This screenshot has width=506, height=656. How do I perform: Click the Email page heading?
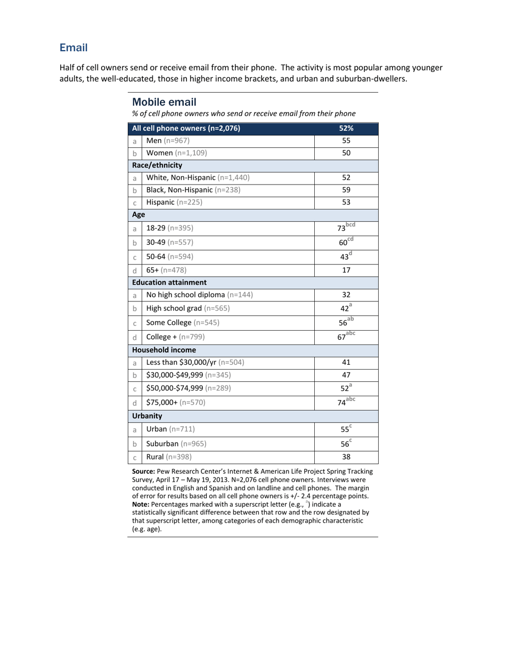[x=74, y=48]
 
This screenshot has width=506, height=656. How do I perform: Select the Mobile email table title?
[x=164, y=102]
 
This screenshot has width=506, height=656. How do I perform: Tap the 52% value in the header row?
[x=346, y=129]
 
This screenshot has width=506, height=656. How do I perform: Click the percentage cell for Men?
[x=346, y=141]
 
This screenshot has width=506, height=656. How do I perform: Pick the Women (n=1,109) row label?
[x=176, y=153]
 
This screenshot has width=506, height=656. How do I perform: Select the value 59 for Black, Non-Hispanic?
[x=346, y=190]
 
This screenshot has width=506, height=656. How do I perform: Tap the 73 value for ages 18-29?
[x=342, y=229]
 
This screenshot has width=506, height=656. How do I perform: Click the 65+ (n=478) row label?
[x=166, y=270]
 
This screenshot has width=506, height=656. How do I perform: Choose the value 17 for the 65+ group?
[x=346, y=270]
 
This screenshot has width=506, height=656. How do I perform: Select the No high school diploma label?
[x=199, y=294]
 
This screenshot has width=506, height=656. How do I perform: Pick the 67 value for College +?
[x=342, y=338]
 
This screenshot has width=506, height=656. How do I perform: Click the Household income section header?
[x=164, y=350]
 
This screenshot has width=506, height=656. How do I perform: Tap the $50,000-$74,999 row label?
[x=189, y=388]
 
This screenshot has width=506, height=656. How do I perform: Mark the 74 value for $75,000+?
[x=342, y=404]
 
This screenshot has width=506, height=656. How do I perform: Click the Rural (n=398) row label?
[x=169, y=457]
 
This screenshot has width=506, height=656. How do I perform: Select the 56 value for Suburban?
[x=344, y=444]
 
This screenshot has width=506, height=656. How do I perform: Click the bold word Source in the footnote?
[x=143, y=472]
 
